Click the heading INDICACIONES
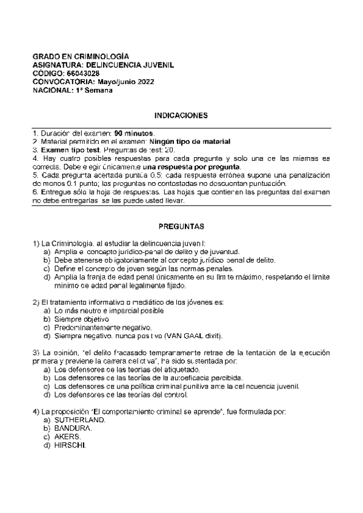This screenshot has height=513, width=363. (x=181, y=114)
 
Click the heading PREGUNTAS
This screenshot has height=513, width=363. (x=181, y=226)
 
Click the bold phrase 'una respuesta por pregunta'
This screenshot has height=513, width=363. (x=194, y=167)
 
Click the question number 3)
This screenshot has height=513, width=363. (x=36, y=352)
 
